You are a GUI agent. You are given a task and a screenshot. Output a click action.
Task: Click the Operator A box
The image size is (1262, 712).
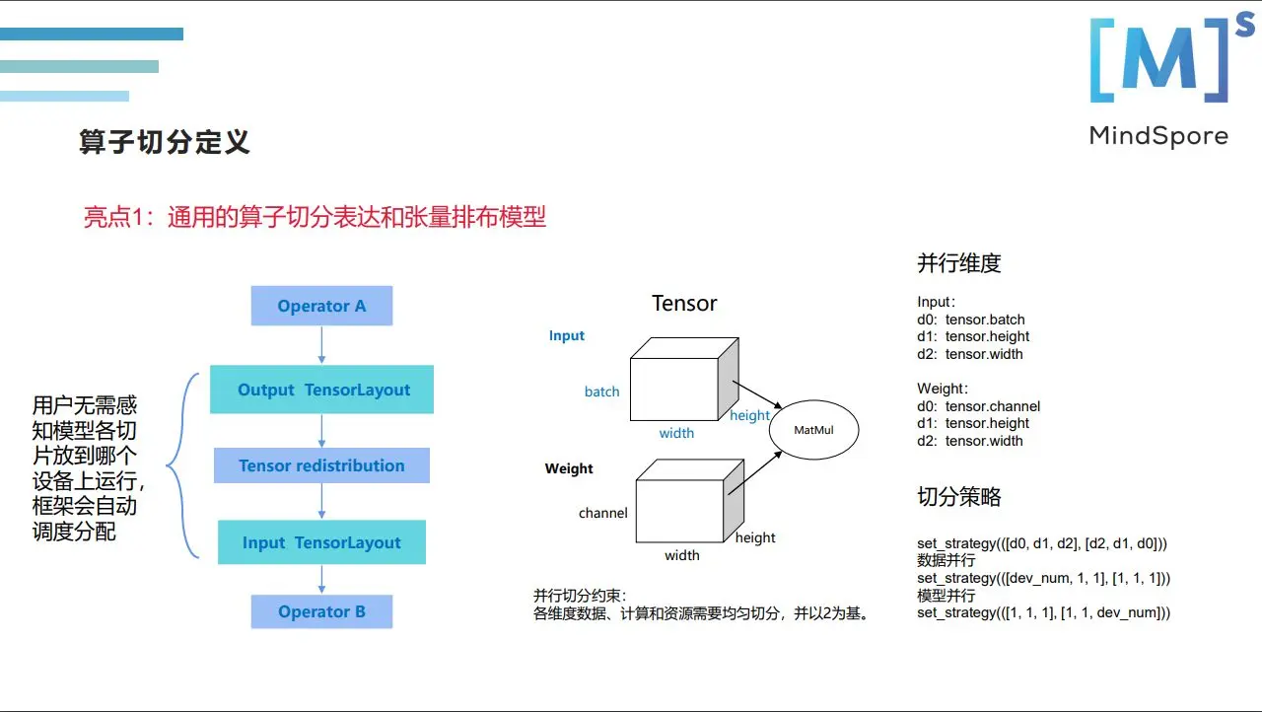pos(321,306)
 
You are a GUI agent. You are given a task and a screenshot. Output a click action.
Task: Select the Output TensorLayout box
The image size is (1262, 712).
pos(321,390)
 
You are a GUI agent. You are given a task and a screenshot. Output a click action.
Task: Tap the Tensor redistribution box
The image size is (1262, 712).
pos(321,465)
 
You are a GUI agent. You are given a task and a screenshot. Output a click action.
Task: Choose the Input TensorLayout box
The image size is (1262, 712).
pos(321,542)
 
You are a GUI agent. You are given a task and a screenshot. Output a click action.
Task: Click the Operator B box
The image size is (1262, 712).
pos(321,611)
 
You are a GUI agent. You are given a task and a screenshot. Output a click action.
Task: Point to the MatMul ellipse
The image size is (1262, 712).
pos(813,430)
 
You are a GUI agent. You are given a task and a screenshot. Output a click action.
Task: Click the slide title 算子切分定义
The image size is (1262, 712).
pos(164,142)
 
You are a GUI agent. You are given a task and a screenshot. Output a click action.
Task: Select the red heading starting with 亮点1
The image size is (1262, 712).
pos(315,217)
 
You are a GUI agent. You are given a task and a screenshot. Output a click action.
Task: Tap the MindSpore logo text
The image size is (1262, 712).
pos(1158,136)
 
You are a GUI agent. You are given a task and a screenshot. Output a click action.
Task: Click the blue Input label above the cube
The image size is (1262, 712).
pos(567,336)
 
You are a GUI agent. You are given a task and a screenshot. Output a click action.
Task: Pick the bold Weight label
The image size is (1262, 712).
pos(569,469)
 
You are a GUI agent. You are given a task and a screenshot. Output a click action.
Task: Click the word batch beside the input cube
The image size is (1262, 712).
pos(601,392)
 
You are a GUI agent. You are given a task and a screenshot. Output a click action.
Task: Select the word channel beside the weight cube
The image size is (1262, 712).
pos(602,513)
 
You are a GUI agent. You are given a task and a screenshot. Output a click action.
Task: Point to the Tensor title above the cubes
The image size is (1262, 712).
pos(684,304)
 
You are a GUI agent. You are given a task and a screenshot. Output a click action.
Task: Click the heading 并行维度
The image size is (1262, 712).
pos(958,263)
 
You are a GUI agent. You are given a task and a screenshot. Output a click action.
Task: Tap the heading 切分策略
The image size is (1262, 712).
pos(958,497)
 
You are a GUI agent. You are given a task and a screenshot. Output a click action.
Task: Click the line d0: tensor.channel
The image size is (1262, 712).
pos(978,406)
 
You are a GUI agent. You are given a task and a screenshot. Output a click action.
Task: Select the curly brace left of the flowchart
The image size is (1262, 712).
pos(177,465)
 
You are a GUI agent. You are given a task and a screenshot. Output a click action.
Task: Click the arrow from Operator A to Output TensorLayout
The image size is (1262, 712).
pos(321,346)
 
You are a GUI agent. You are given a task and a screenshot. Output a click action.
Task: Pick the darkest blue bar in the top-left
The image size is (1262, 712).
pos(92,35)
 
